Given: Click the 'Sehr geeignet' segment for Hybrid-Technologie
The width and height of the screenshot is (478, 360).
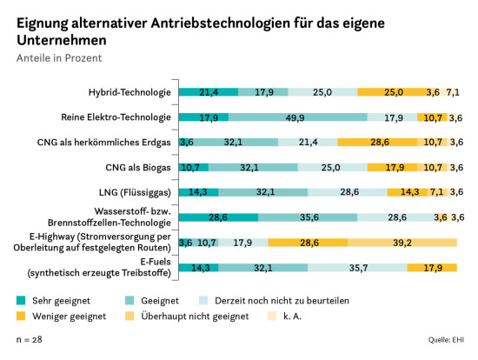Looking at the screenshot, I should click(x=209, y=92).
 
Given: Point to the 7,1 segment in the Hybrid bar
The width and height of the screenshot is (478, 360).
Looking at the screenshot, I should click(x=452, y=92).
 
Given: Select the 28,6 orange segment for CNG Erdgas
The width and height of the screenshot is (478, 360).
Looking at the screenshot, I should click(x=378, y=142).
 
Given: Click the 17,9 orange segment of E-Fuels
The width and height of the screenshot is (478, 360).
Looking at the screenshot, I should click(x=432, y=268).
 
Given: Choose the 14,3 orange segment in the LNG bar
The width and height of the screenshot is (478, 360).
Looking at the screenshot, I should click(x=406, y=192).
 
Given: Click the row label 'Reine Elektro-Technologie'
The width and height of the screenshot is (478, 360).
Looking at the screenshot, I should click(x=120, y=117).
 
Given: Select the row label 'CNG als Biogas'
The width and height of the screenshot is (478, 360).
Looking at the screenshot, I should click(x=138, y=167).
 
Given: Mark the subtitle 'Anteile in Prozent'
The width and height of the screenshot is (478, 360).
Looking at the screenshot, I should click(x=58, y=58).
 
